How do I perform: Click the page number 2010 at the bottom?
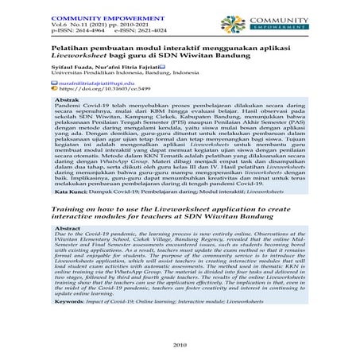[x=179, y=343]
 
